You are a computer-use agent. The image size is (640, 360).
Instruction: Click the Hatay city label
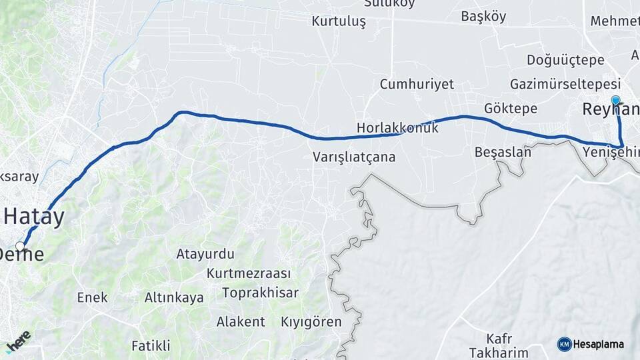click(x=35, y=217)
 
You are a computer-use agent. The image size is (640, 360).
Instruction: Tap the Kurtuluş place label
click(x=339, y=21)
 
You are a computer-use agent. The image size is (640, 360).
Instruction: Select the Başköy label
click(x=483, y=17)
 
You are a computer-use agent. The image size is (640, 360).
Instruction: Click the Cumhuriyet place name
click(x=417, y=84)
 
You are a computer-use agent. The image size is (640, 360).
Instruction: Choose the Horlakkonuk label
click(x=397, y=127)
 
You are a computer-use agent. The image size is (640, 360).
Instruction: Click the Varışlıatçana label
click(x=354, y=158)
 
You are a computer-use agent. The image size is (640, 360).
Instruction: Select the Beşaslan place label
click(x=503, y=152)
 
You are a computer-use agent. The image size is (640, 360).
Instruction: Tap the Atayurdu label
click(x=205, y=254)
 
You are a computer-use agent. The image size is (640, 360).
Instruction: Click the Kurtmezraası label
click(x=249, y=274)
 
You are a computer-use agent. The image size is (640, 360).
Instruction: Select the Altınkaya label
click(x=174, y=298)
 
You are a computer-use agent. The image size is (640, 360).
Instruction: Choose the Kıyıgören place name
click(x=312, y=322)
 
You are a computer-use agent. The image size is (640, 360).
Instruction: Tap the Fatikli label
click(x=151, y=345)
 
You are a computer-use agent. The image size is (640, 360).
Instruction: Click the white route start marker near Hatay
click(x=20, y=247)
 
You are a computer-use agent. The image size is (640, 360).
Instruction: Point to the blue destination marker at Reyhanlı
click(x=615, y=101)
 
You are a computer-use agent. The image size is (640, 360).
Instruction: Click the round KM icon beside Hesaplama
click(x=564, y=344)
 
